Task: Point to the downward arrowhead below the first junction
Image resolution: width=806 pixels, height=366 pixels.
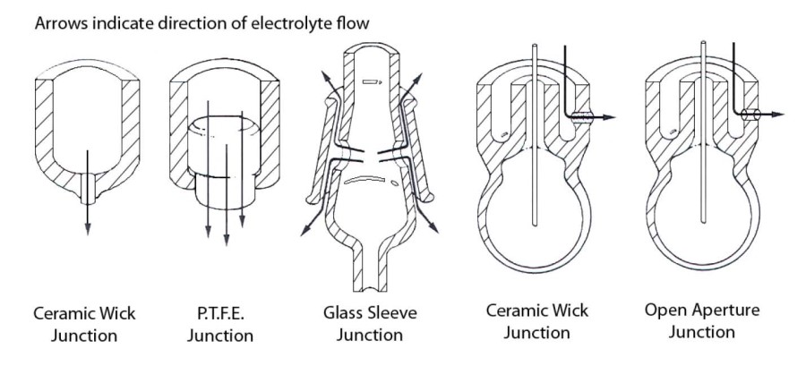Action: pyautogui.click(x=88, y=229)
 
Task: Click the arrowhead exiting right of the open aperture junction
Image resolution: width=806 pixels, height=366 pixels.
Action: pyautogui.click(x=780, y=115)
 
